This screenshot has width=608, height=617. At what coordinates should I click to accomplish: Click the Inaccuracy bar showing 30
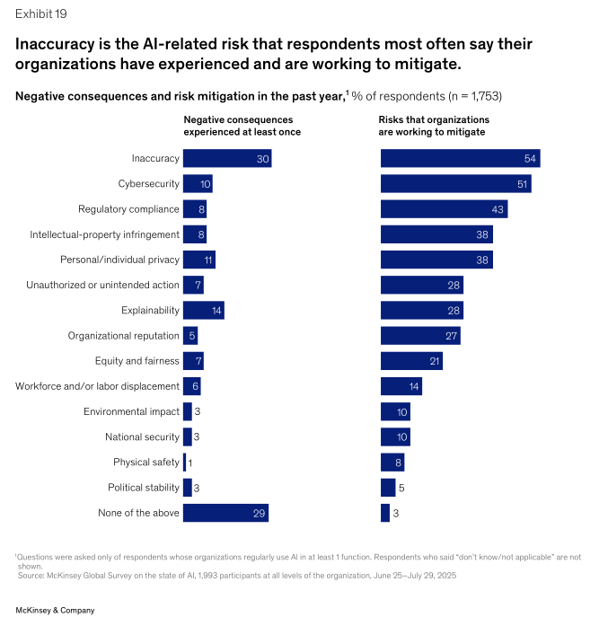227,159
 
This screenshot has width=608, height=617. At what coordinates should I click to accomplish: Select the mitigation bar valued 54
460,159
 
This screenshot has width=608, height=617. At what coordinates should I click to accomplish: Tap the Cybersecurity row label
149,184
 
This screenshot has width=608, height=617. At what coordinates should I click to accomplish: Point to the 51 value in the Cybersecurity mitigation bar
522,184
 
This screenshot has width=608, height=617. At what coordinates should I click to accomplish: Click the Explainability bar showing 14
203,311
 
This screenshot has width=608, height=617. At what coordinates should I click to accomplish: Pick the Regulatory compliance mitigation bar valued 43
444,209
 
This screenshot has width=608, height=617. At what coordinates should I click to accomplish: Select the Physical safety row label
146,463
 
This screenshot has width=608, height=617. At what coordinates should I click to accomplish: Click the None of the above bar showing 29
225,514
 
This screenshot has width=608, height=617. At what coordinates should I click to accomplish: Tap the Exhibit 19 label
40,13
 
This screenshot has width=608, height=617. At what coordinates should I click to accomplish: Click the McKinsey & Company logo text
55,610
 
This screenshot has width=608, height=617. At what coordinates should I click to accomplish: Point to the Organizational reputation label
124,336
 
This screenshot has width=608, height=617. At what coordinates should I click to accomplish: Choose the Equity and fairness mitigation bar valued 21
411,361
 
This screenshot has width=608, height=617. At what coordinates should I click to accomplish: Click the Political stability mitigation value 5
402,489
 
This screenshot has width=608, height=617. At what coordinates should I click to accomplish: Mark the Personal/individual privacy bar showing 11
198,260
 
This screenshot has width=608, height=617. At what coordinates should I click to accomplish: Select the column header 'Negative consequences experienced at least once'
242,126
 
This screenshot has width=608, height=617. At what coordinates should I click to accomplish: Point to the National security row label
143,437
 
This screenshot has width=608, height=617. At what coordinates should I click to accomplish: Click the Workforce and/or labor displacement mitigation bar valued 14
401,387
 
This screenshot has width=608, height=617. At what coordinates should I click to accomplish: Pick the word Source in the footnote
32,575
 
